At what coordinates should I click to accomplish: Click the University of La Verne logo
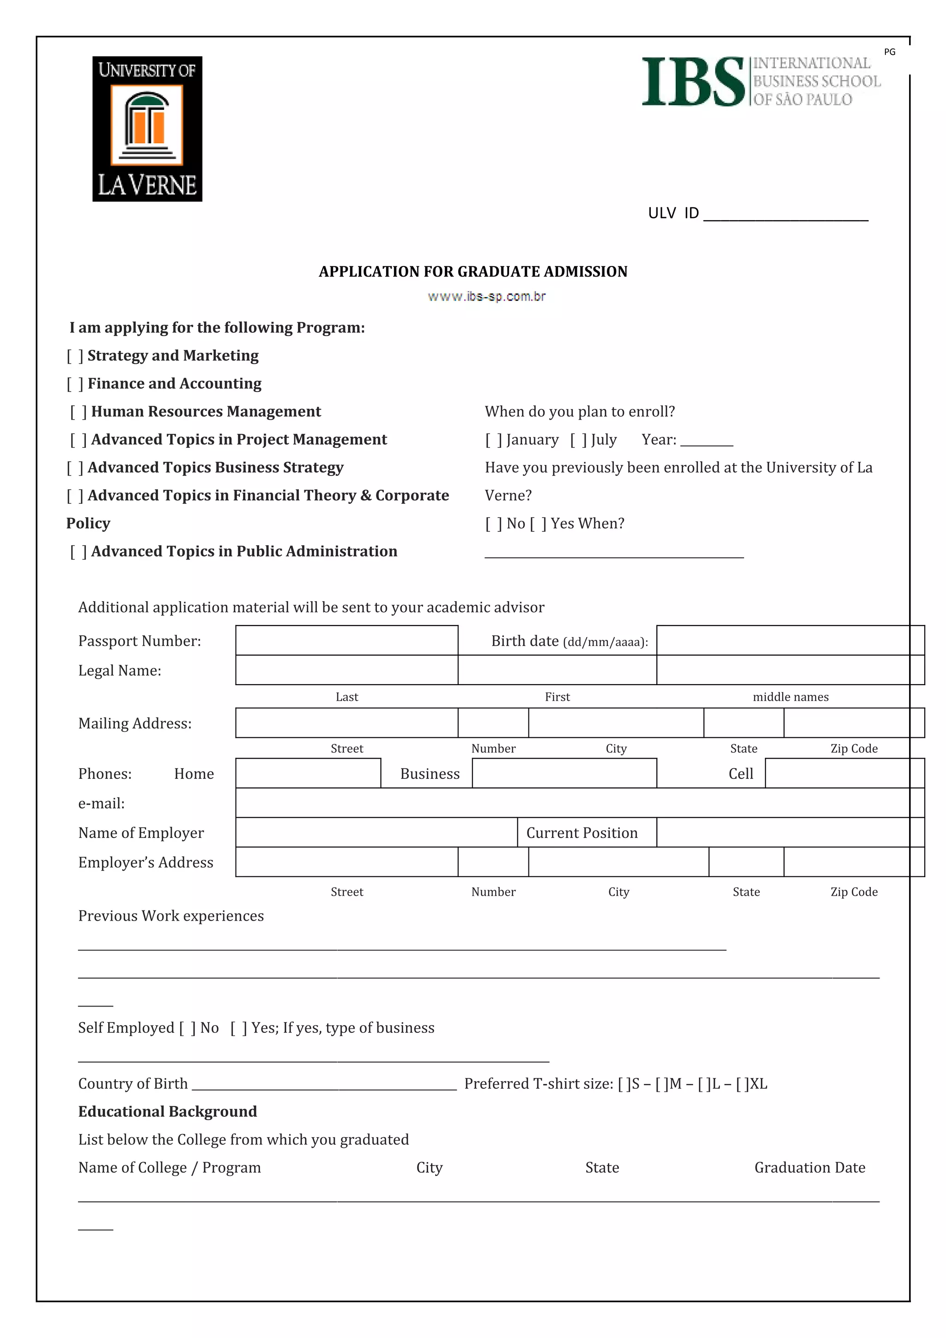click(147, 129)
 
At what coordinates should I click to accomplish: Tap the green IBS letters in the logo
click(692, 82)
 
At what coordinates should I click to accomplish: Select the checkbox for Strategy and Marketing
click(75, 356)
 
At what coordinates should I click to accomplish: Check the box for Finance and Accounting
click(75, 384)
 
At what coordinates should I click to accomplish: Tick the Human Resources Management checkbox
click(79, 412)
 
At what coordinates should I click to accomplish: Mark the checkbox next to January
click(494, 440)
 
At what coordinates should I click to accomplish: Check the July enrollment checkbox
click(578, 440)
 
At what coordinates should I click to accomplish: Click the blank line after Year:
click(706, 441)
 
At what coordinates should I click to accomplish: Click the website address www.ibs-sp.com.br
click(486, 296)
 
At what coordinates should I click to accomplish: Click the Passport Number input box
click(346, 640)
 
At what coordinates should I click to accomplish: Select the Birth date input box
click(784, 640)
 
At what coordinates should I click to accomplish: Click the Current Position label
click(582, 833)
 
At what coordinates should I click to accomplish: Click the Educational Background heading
click(167, 1111)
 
